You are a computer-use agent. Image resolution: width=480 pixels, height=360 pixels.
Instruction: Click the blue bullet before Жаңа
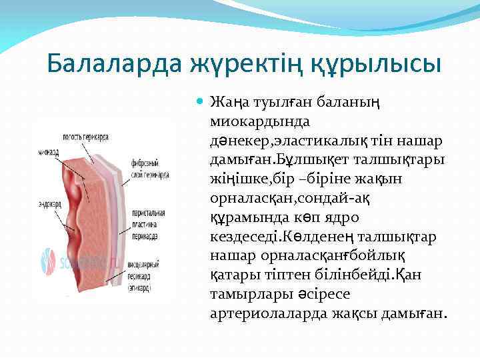pyautogui.click(x=201, y=103)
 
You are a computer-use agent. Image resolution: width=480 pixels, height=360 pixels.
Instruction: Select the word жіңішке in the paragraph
pyautogui.click(x=234, y=180)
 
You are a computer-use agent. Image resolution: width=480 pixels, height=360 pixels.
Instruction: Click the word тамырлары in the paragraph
pyautogui.click(x=242, y=295)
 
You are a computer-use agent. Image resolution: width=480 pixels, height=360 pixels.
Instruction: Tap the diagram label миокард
pyautogui.click(x=47, y=153)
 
